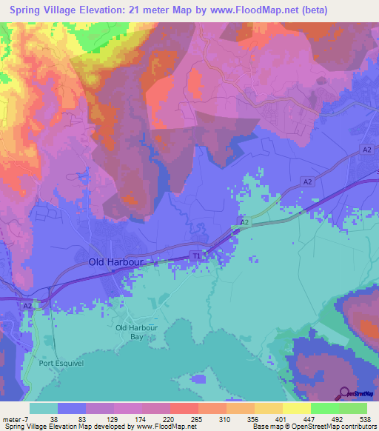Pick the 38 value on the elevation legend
point(54,418)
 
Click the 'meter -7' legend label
point(16,418)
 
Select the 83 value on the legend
point(81,418)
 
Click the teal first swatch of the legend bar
point(44,408)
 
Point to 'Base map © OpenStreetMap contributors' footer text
point(313,427)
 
